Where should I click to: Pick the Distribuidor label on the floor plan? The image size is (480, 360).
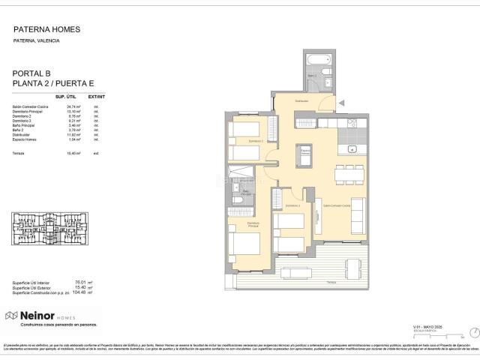coord(301,100)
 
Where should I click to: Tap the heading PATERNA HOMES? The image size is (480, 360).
coord(46,30)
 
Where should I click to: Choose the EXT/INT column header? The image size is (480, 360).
coord(97,97)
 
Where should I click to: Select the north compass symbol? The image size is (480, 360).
coord(472,331)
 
